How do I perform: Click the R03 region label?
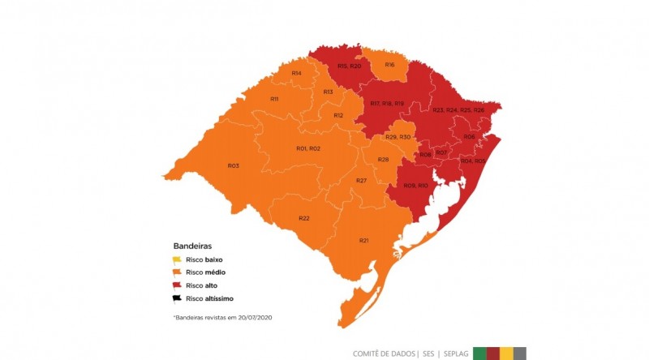click(x=233, y=166)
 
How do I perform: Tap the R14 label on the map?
click(x=297, y=74)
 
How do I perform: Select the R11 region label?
click(x=274, y=99)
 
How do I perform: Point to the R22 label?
click(x=304, y=218)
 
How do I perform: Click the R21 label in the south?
click(x=363, y=240)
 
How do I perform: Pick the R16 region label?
click(x=389, y=64)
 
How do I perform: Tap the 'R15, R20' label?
click(x=349, y=66)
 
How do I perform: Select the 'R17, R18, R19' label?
click(x=387, y=104)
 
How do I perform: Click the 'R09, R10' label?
click(x=415, y=186)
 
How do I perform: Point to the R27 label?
click(x=362, y=180)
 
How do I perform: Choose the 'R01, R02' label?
click(x=308, y=148)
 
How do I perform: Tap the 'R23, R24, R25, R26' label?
click(x=458, y=109)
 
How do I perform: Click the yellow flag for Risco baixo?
click(x=178, y=259)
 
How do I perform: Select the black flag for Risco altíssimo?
click(x=178, y=298)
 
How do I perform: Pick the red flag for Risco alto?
click(x=178, y=285)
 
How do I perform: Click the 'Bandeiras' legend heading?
click(x=192, y=245)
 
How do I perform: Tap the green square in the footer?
click(x=480, y=353)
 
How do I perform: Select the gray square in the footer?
click(x=520, y=353)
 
